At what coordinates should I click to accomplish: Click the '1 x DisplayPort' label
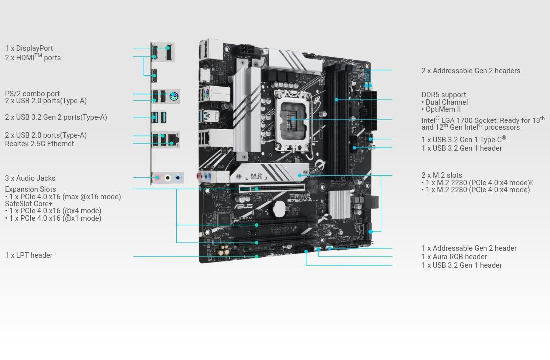coord(29,48)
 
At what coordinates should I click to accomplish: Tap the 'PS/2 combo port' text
coord(32,94)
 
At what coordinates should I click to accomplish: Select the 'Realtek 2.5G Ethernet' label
coord(39,144)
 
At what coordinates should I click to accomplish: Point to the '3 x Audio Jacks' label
coord(30,178)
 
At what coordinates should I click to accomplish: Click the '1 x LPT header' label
coord(29,255)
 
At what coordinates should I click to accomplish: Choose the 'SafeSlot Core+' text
coord(29,204)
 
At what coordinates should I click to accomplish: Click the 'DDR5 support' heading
coord(444,95)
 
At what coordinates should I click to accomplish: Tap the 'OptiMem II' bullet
coord(443,109)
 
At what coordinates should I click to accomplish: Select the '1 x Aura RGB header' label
coord(454,257)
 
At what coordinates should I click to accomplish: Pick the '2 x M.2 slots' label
coord(442,175)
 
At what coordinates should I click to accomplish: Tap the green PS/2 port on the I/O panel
coord(174,96)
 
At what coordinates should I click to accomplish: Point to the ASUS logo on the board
coord(243,206)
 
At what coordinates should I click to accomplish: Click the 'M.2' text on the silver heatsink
coord(256,175)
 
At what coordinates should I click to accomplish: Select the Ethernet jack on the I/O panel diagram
coord(173,139)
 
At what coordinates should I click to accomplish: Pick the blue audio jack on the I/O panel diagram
coord(178,178)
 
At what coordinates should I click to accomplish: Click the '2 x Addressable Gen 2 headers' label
coord(471,71)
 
